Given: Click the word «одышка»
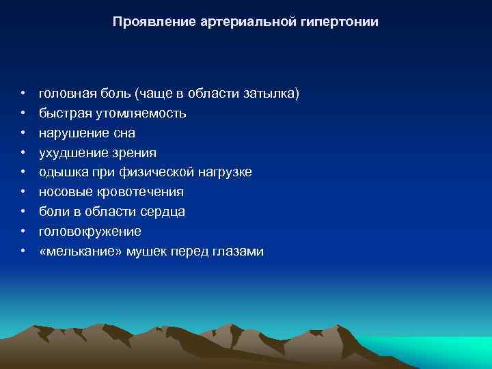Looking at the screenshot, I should (x=61, y=172).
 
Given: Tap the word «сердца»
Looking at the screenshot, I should (x=162, y=212).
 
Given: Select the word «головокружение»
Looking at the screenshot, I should (x=90, y=232).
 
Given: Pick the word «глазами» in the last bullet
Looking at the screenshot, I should (x=239, y=251).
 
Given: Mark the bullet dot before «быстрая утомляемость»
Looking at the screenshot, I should (x=23, y=113).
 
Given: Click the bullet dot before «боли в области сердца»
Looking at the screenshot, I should (x=23, y=213).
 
